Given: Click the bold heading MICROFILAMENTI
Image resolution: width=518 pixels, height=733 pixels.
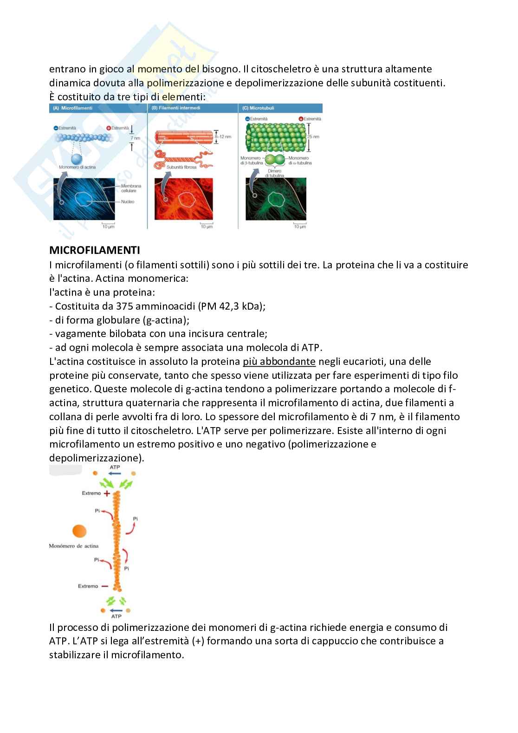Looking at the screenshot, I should pos(94,250).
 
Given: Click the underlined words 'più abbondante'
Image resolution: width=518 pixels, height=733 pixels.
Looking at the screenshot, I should pos(279,361).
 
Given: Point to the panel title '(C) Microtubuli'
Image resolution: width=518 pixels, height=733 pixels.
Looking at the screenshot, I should pos(258,108).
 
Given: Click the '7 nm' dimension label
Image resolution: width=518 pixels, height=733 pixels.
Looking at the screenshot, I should pos(135,138).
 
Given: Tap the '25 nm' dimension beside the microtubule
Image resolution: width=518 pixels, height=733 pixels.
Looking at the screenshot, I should pos(313,137).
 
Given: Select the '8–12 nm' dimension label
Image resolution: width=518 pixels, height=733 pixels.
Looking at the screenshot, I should pos(223,137).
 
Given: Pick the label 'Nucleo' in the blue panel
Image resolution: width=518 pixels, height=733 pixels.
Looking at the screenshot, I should pos(127,202).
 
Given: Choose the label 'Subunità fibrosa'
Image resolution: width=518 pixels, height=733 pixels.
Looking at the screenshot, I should pos(181,167).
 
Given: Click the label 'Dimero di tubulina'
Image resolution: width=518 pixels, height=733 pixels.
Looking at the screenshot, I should pos(274,173).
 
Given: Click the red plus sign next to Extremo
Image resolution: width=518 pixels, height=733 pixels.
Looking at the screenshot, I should pos(107,493).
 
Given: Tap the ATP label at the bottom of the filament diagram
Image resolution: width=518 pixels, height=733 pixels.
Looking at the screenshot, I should pos(116,616).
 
